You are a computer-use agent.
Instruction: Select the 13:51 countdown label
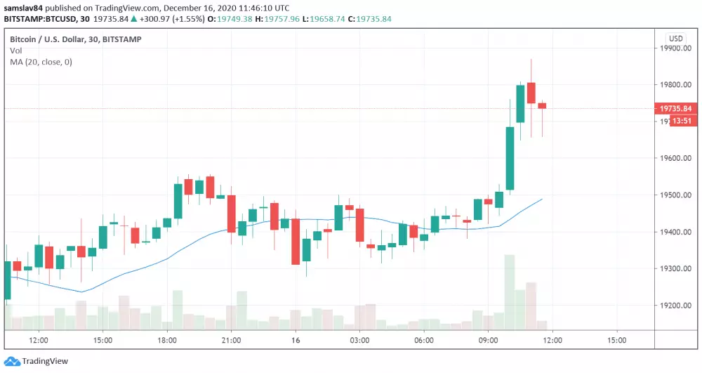click(682, 121)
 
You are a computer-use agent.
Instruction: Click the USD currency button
click(676, 39)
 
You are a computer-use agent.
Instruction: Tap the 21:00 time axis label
click(231, 341)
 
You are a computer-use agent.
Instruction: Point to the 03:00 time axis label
click(359, 341)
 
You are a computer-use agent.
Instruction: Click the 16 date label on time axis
click(296, 341)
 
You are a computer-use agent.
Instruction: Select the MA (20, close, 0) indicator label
click(41, 62)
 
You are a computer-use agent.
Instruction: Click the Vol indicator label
click(15, 51)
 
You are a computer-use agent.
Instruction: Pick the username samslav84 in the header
click(25, 8)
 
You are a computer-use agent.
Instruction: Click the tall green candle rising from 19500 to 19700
click(510, 158)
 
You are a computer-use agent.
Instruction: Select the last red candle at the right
click(542, 106)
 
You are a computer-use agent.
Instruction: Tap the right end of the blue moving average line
click(542, 199)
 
